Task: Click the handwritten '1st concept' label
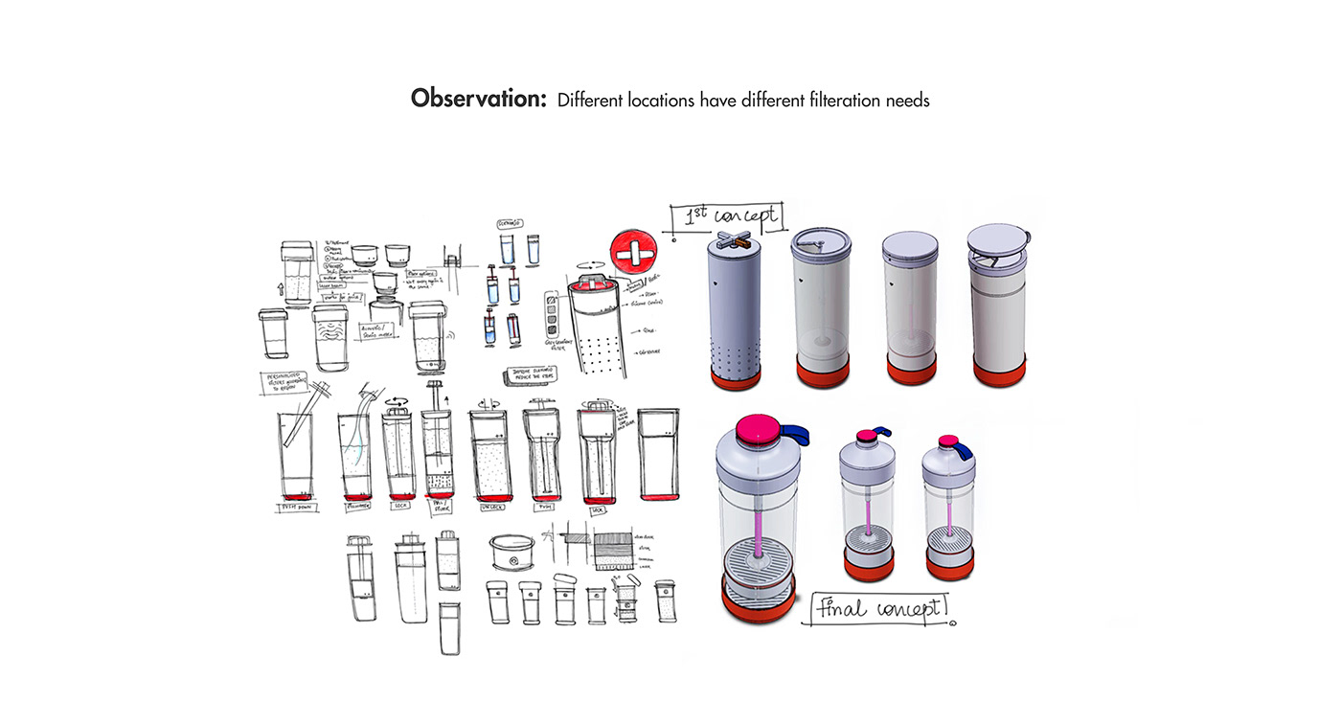727,218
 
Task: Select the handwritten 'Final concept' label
879,608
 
